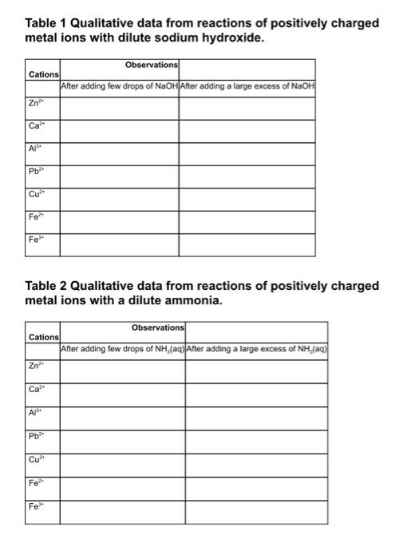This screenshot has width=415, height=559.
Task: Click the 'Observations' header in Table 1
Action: coord(152,64)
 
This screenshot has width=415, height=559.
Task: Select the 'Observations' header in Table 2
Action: coord(157,327)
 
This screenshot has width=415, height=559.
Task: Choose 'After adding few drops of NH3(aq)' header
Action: coord(123,349)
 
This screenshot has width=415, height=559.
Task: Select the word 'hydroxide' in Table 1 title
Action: coord(232,38)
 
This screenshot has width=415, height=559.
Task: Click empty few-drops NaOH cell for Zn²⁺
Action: coord(120,108)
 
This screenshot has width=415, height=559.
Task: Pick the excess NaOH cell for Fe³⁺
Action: coord(247,245)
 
